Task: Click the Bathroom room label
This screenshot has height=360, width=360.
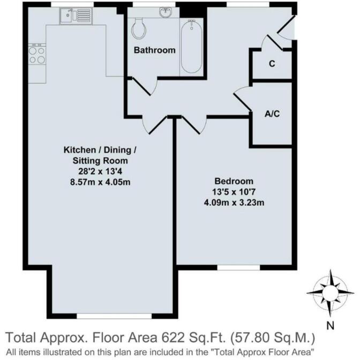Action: pos(154,50)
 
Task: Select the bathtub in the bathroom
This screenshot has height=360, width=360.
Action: pos(191,47)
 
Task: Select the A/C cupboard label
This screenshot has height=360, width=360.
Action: pos(272,114)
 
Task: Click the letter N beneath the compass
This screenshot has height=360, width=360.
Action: pos(331,325)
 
